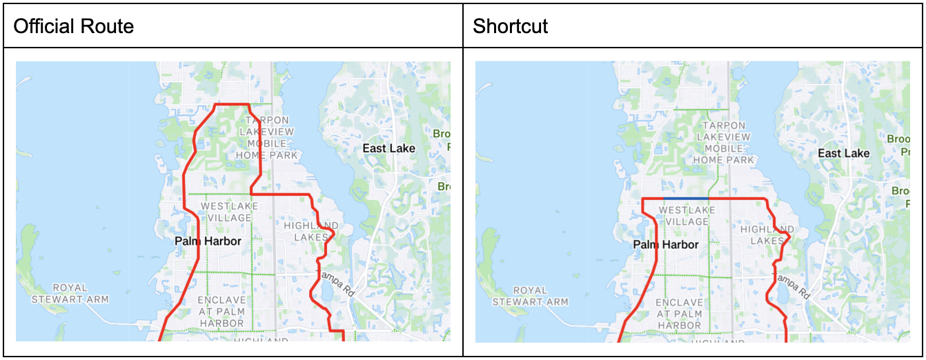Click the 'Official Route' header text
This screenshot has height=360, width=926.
pyautogui.click(x=74, y=27)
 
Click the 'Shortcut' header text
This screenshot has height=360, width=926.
pyautogui.click(x=510, y=27)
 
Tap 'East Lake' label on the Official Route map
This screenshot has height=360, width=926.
pyautogui.click(x=389, y=148)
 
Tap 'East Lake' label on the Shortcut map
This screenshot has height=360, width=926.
pyautogui.click(x=843, y=152)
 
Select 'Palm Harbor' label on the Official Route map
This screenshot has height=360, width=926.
pyautogui.click(x=208, y=241)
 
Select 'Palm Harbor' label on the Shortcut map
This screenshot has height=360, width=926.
pyautogui.click(x=666, y=245)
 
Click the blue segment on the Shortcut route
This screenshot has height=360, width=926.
pyautogui.click(x=686, y=199)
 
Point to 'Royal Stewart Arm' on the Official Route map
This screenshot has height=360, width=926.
pyautogui.click(x=70, y=293)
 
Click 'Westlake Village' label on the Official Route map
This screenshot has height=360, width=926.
pyautogui.click(x=229, y=212)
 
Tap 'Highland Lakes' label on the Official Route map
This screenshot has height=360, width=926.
pyautogui.click(x=311, y=231)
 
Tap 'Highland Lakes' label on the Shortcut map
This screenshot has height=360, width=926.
pyautogui.click(x=767, y=235)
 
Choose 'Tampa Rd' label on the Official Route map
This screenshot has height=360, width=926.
pyautogui.click(x=335, y=283)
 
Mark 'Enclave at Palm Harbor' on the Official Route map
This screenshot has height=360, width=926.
pyautogui.click(x=221, y=311)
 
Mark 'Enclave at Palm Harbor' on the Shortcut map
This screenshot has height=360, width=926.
pyautogui.click(x=680, y=314)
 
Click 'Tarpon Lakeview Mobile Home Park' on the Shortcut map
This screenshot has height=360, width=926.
pyautogui.click(x=723, y=143)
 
